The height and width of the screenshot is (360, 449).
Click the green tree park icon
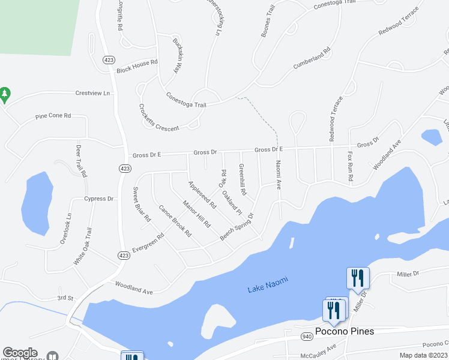(x=5, y=94)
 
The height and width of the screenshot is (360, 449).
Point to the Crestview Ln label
(x=94, y=94)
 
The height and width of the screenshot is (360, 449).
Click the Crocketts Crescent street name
(x=158, y=118)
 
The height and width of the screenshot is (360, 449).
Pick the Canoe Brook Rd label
(x=175, y=221)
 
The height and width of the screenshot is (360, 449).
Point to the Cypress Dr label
(x=99, y=199)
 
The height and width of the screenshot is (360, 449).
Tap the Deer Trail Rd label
(x=80, y=161)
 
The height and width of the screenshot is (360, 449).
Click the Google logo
(x=20, y=353)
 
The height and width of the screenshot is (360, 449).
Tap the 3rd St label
(x=65, y=298)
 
